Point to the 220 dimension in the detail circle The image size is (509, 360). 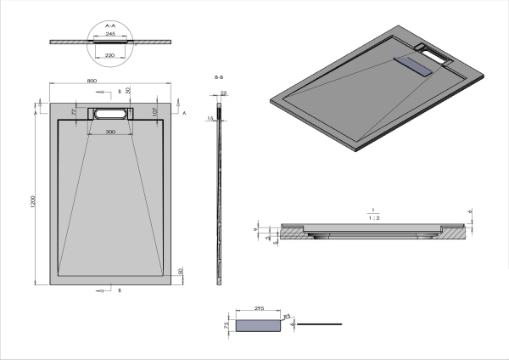pyautogui.click(x=109, y=54)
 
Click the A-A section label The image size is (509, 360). pyautogui.click(x=109, y=26)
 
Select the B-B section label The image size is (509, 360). pyautogui.click(x=220, y=77)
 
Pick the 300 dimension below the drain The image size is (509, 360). pyautogui.click(x=111, y=132)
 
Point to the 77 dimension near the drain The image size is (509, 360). pyautogui.click(x=75, y=111)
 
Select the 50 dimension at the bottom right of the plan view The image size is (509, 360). pyautogui.click(x=181, y=271)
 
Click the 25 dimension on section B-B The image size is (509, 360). pyautogui.click(x=223, y=93)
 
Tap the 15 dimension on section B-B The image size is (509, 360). pyautogui.click(x=210, y=119)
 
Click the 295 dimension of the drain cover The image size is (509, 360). pyautogui.click(x=259, y=309)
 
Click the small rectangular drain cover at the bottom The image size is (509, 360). pyautogui.click(x=259, y=324)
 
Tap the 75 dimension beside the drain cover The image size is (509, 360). pyautogui.click(x=228, y=324)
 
